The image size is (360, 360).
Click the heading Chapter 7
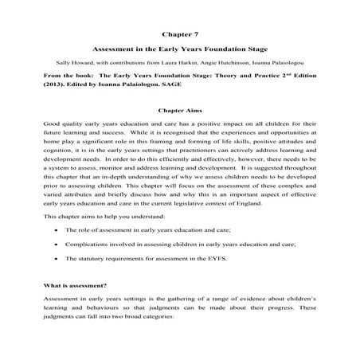[x=180, y=34]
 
